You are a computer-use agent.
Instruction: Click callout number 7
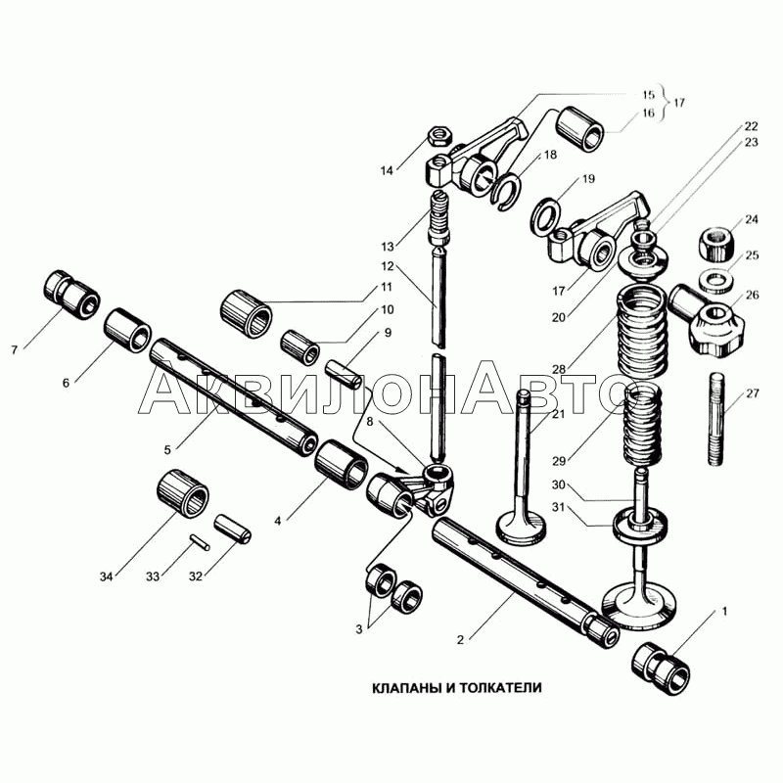(14, 349)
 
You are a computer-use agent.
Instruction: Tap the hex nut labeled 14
(439, 135)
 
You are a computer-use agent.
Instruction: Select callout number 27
(752, 393)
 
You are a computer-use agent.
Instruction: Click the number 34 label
(106, 576)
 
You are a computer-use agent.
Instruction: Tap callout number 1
(725, 612)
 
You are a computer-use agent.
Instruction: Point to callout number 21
(558, 413)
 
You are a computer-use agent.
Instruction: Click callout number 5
(167, 449)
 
